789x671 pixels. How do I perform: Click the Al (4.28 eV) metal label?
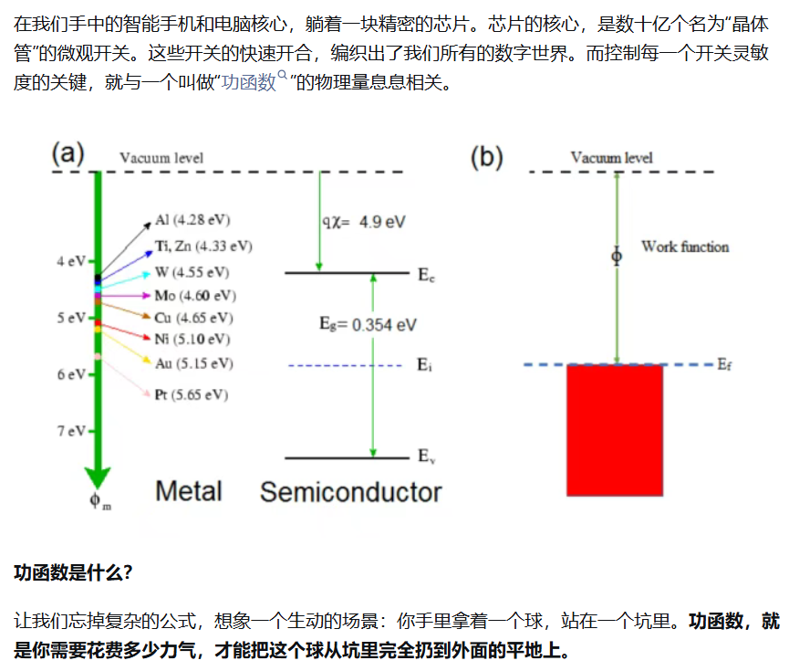192,220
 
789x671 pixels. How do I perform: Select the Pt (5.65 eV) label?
192,394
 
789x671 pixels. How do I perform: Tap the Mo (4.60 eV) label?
195,295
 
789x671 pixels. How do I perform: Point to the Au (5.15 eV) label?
194,363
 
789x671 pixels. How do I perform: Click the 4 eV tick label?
71,261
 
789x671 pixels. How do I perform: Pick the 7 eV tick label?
71,431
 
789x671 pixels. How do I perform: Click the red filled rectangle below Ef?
615,430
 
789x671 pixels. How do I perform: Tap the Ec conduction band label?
426,275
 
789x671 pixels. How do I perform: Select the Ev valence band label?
426,456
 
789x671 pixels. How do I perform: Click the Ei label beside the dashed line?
424,364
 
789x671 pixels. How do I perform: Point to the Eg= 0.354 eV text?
368,324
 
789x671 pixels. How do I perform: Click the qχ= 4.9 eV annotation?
364,222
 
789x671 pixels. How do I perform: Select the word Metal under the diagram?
189,491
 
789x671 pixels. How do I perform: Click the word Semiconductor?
351,492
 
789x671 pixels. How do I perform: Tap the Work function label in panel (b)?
685,246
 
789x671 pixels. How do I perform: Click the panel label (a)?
67,153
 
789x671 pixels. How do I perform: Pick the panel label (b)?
486,157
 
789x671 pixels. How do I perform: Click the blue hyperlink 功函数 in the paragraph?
249,81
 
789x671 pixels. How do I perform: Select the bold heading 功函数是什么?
74,572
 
